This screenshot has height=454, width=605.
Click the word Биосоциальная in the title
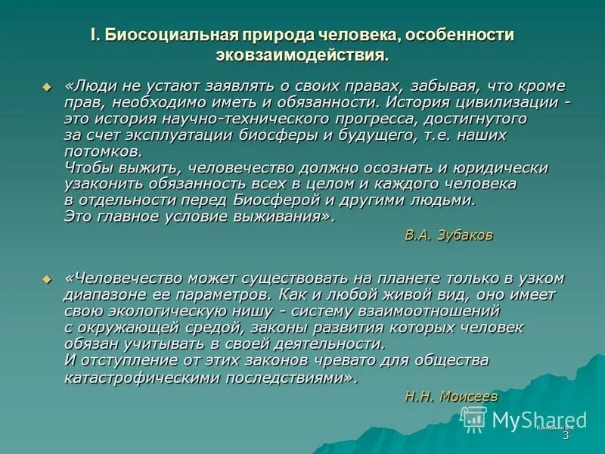pos(169,35)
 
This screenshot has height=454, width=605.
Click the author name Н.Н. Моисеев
pos(451,395)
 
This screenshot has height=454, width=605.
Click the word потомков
pos(93,151)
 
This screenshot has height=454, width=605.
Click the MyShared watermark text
pos(538,419)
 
